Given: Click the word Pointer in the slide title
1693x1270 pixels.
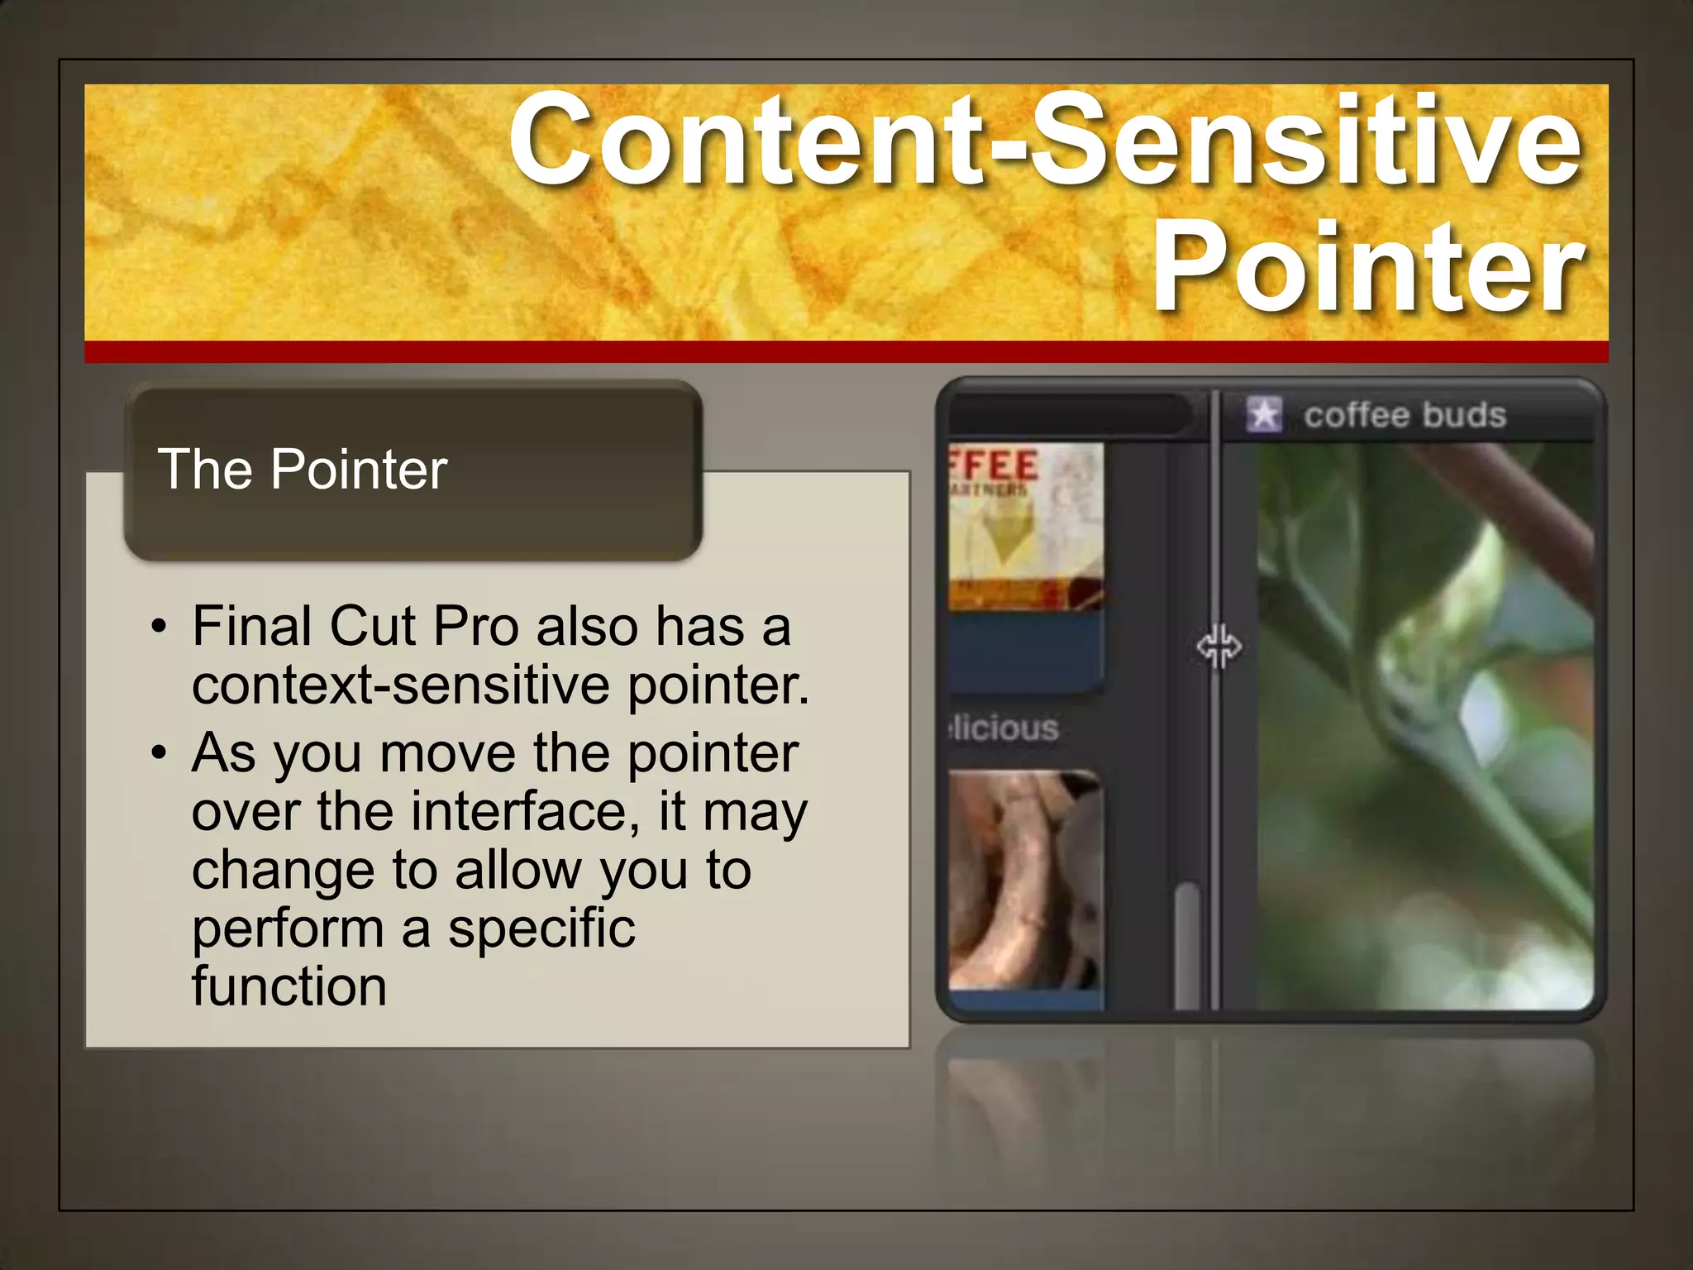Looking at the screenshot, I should [x=1368, y=269].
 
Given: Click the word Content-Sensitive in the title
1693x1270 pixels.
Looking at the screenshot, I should [x=1046, y=141].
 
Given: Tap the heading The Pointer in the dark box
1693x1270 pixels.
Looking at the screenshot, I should [x=303, y=470].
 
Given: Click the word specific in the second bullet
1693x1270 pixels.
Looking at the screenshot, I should [x=541, y=928].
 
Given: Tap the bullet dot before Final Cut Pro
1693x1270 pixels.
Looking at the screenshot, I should [x=160, y=627].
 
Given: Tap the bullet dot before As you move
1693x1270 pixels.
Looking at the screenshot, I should [x=160, y=753].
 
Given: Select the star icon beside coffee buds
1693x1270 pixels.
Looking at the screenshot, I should [x=1264, y=414].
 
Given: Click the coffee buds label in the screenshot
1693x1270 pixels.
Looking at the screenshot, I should [x=1404, y=415].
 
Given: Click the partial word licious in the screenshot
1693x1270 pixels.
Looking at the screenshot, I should [x=1004, y=728].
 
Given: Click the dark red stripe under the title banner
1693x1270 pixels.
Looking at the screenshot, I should [x=846, y=351].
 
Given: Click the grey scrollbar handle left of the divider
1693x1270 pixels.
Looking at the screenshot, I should [x=1187, y=947].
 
